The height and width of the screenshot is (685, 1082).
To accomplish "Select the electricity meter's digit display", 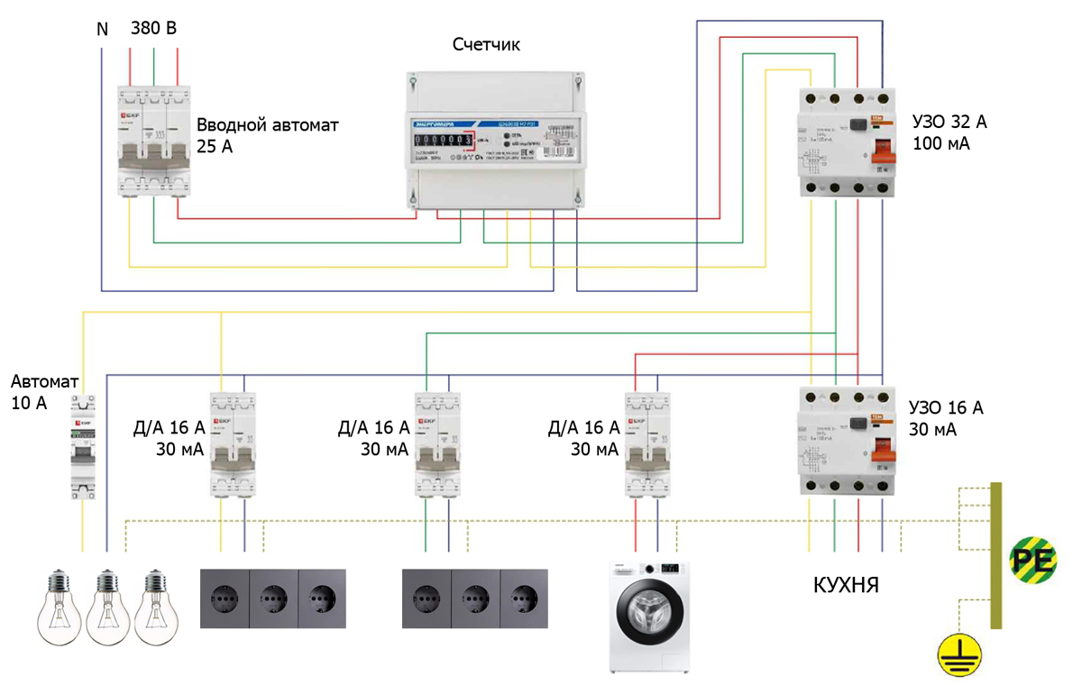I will [x=444, y=140].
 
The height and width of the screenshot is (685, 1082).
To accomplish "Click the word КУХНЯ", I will [x=847, y=587].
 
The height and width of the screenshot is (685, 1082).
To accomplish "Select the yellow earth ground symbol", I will [x=958, y=656].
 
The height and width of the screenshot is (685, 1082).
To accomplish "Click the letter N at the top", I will [x=102, y=30].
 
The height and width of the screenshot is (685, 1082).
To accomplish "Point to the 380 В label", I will [x=153, y=29].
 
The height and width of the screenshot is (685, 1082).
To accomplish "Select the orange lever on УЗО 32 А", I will [x=883, y=144].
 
